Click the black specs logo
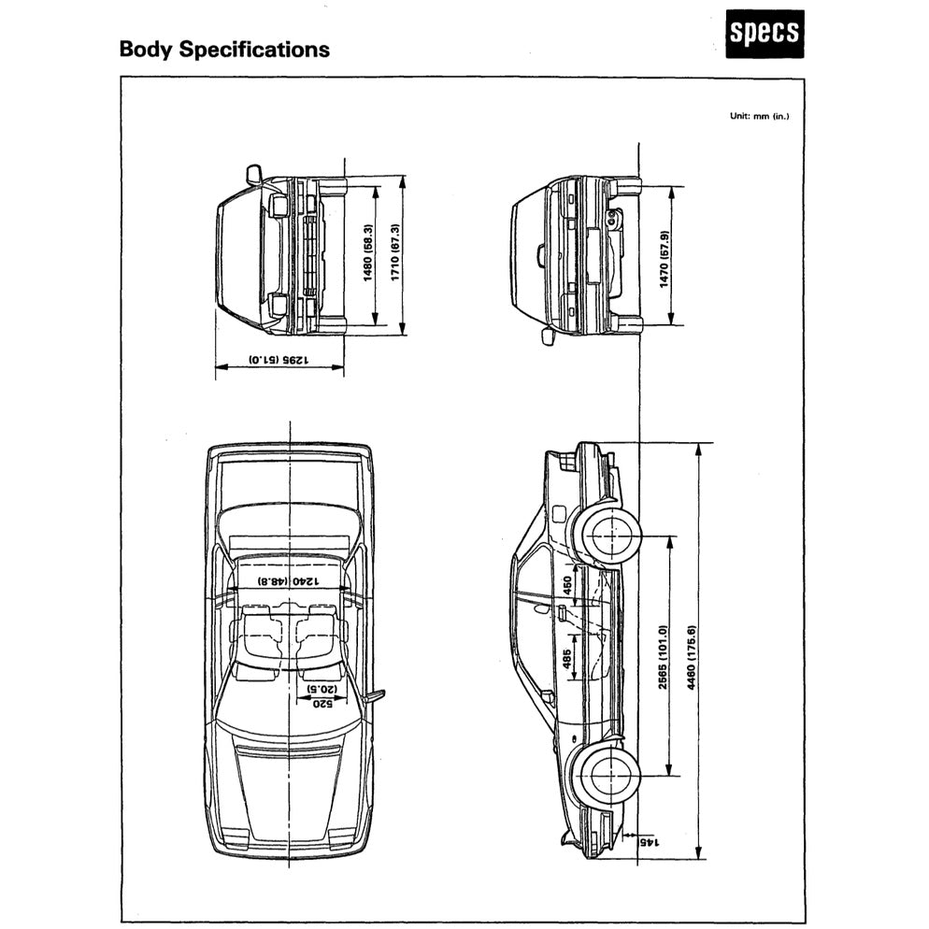coord(764,34)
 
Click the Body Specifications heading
coord(224,50)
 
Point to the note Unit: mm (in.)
coord(759,116)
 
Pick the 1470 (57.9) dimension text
coord(665,258)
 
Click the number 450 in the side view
coord(566,585)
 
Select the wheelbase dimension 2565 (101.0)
coord(663,658)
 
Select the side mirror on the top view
coord(376,695)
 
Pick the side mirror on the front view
coord(253,174)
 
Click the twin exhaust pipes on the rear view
coord(612,221)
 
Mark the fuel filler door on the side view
coord(558,513)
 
